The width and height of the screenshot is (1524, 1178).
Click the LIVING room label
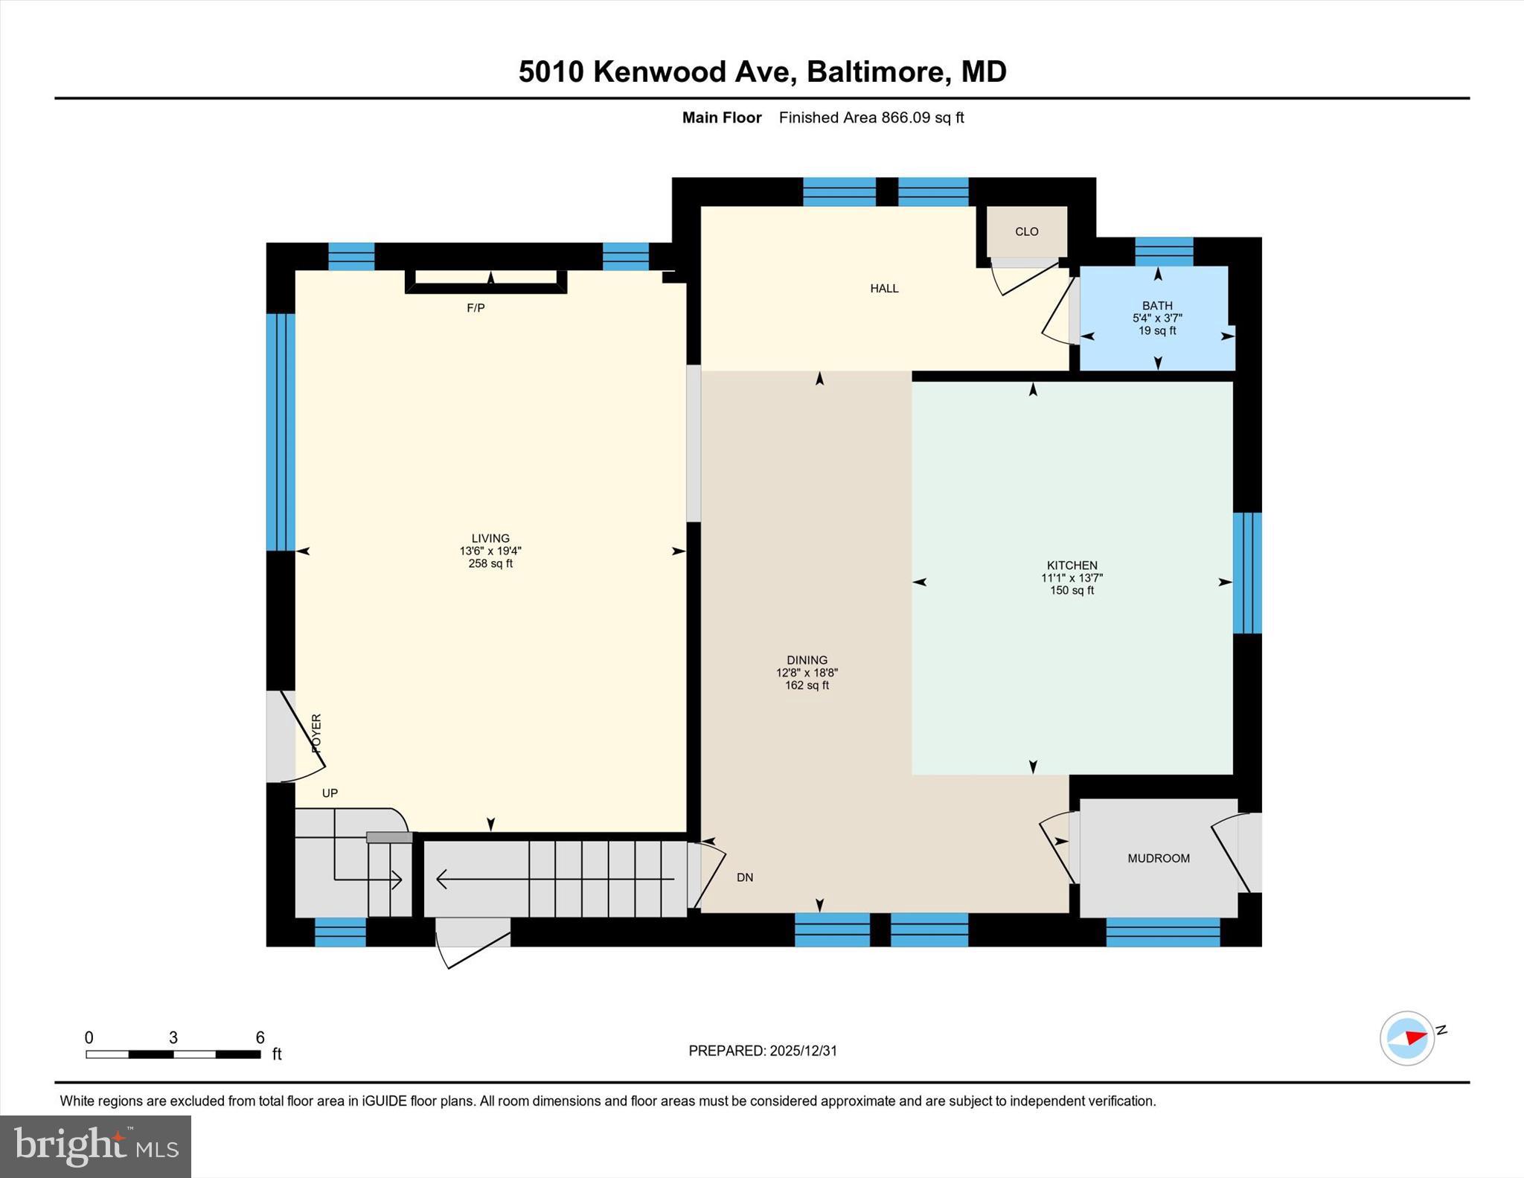click(490, 538)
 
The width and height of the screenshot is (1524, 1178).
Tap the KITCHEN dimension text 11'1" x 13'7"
click(1072, 577)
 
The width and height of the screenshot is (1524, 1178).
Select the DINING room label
click(807, 660)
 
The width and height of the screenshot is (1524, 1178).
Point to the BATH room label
click(1157, 305)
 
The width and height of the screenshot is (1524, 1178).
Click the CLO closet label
click(1026, 231)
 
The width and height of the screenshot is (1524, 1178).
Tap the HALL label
click(884, 288)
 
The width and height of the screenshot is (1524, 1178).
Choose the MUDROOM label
click(1158, 858)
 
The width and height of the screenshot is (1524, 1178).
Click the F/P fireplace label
click(476, 307)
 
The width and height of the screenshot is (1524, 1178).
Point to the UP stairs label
click(330, 793)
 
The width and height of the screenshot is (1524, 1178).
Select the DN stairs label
click(744, 877)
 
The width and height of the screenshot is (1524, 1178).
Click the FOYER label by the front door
click(316, 732)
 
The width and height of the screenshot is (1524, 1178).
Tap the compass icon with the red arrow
click(1407, 1037)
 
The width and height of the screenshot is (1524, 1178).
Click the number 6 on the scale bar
click(260, 1037)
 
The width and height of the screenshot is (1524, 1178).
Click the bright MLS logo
click(95, 1146)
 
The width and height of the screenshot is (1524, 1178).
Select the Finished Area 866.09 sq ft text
click(871, 118)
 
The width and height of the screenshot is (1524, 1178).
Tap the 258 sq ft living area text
click(490, 563)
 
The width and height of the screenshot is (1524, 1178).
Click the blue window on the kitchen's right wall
click(1246, 573)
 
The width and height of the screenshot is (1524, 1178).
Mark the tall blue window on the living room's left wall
click(281, 432)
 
